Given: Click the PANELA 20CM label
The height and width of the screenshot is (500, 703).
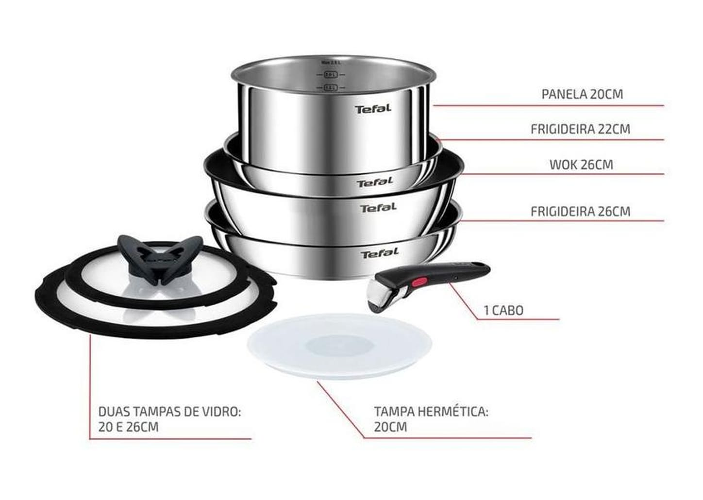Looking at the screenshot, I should pos(582,94).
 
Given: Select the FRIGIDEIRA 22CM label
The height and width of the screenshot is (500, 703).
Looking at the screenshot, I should pos(580,130).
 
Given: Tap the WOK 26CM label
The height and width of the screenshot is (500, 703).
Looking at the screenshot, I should pos(581,165).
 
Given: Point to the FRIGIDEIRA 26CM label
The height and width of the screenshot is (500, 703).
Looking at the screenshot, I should pos(580,212).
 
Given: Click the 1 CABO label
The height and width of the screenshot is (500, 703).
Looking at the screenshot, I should pos(503,311).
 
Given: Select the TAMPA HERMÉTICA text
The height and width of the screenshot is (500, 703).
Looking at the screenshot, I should pos(431,412).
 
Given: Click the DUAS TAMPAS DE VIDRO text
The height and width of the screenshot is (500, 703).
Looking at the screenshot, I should pos(169,412).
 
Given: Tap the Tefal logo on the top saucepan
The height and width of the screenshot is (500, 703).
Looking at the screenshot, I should pos(373,109).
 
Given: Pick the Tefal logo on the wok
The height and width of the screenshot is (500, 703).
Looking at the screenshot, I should pos(378,208).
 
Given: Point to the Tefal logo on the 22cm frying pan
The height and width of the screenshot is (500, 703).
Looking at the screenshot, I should pos(374,183).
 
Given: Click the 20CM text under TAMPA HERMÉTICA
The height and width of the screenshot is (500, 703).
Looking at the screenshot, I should pos(390,427).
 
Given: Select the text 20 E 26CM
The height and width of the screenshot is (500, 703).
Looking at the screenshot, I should pos(128,427).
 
